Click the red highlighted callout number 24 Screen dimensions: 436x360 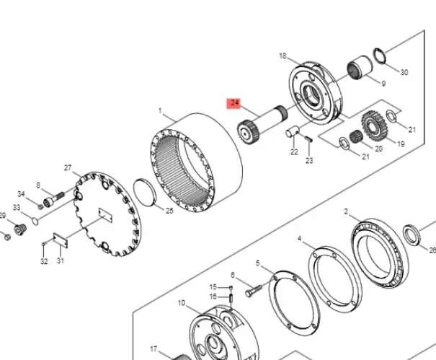pyautogui.click(x=234, y=103)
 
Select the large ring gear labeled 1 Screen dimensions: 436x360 pyautogui.click(x=196, y=162)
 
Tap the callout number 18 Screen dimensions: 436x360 pyautogui.click(x=282, y=56)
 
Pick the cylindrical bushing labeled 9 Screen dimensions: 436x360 pyautogui.click(x=360, y=67)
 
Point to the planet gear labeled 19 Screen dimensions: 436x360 pyautogui.click(x=374, y=126)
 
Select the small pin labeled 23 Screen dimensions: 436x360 pyautogui.click(x=308, y=139)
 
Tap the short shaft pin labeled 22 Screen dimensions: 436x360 pyautogui.click(x=293, y=131)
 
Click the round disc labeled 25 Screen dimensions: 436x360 pyautogui.click(x=145, y=193)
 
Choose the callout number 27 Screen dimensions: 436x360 pyautogui.click(x=68, y=168)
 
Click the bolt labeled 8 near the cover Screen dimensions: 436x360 pyautogui.click(x=53, y=199)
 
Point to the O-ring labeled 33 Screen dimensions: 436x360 pyautogui.click(x=35, y=221)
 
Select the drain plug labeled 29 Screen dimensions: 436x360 pyautogui.click(x=20, y=229)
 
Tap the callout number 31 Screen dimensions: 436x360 pyautogui.click(x=61, y=260)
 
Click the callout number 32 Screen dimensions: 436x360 pyautogui.click(x=44, y=261)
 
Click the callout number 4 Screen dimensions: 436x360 pyautogui.click(x=300, y=239)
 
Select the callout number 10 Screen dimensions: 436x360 pyautogui.click(x=182, y=302)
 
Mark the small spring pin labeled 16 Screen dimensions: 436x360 pyautogui.click(x=231, y=298)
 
